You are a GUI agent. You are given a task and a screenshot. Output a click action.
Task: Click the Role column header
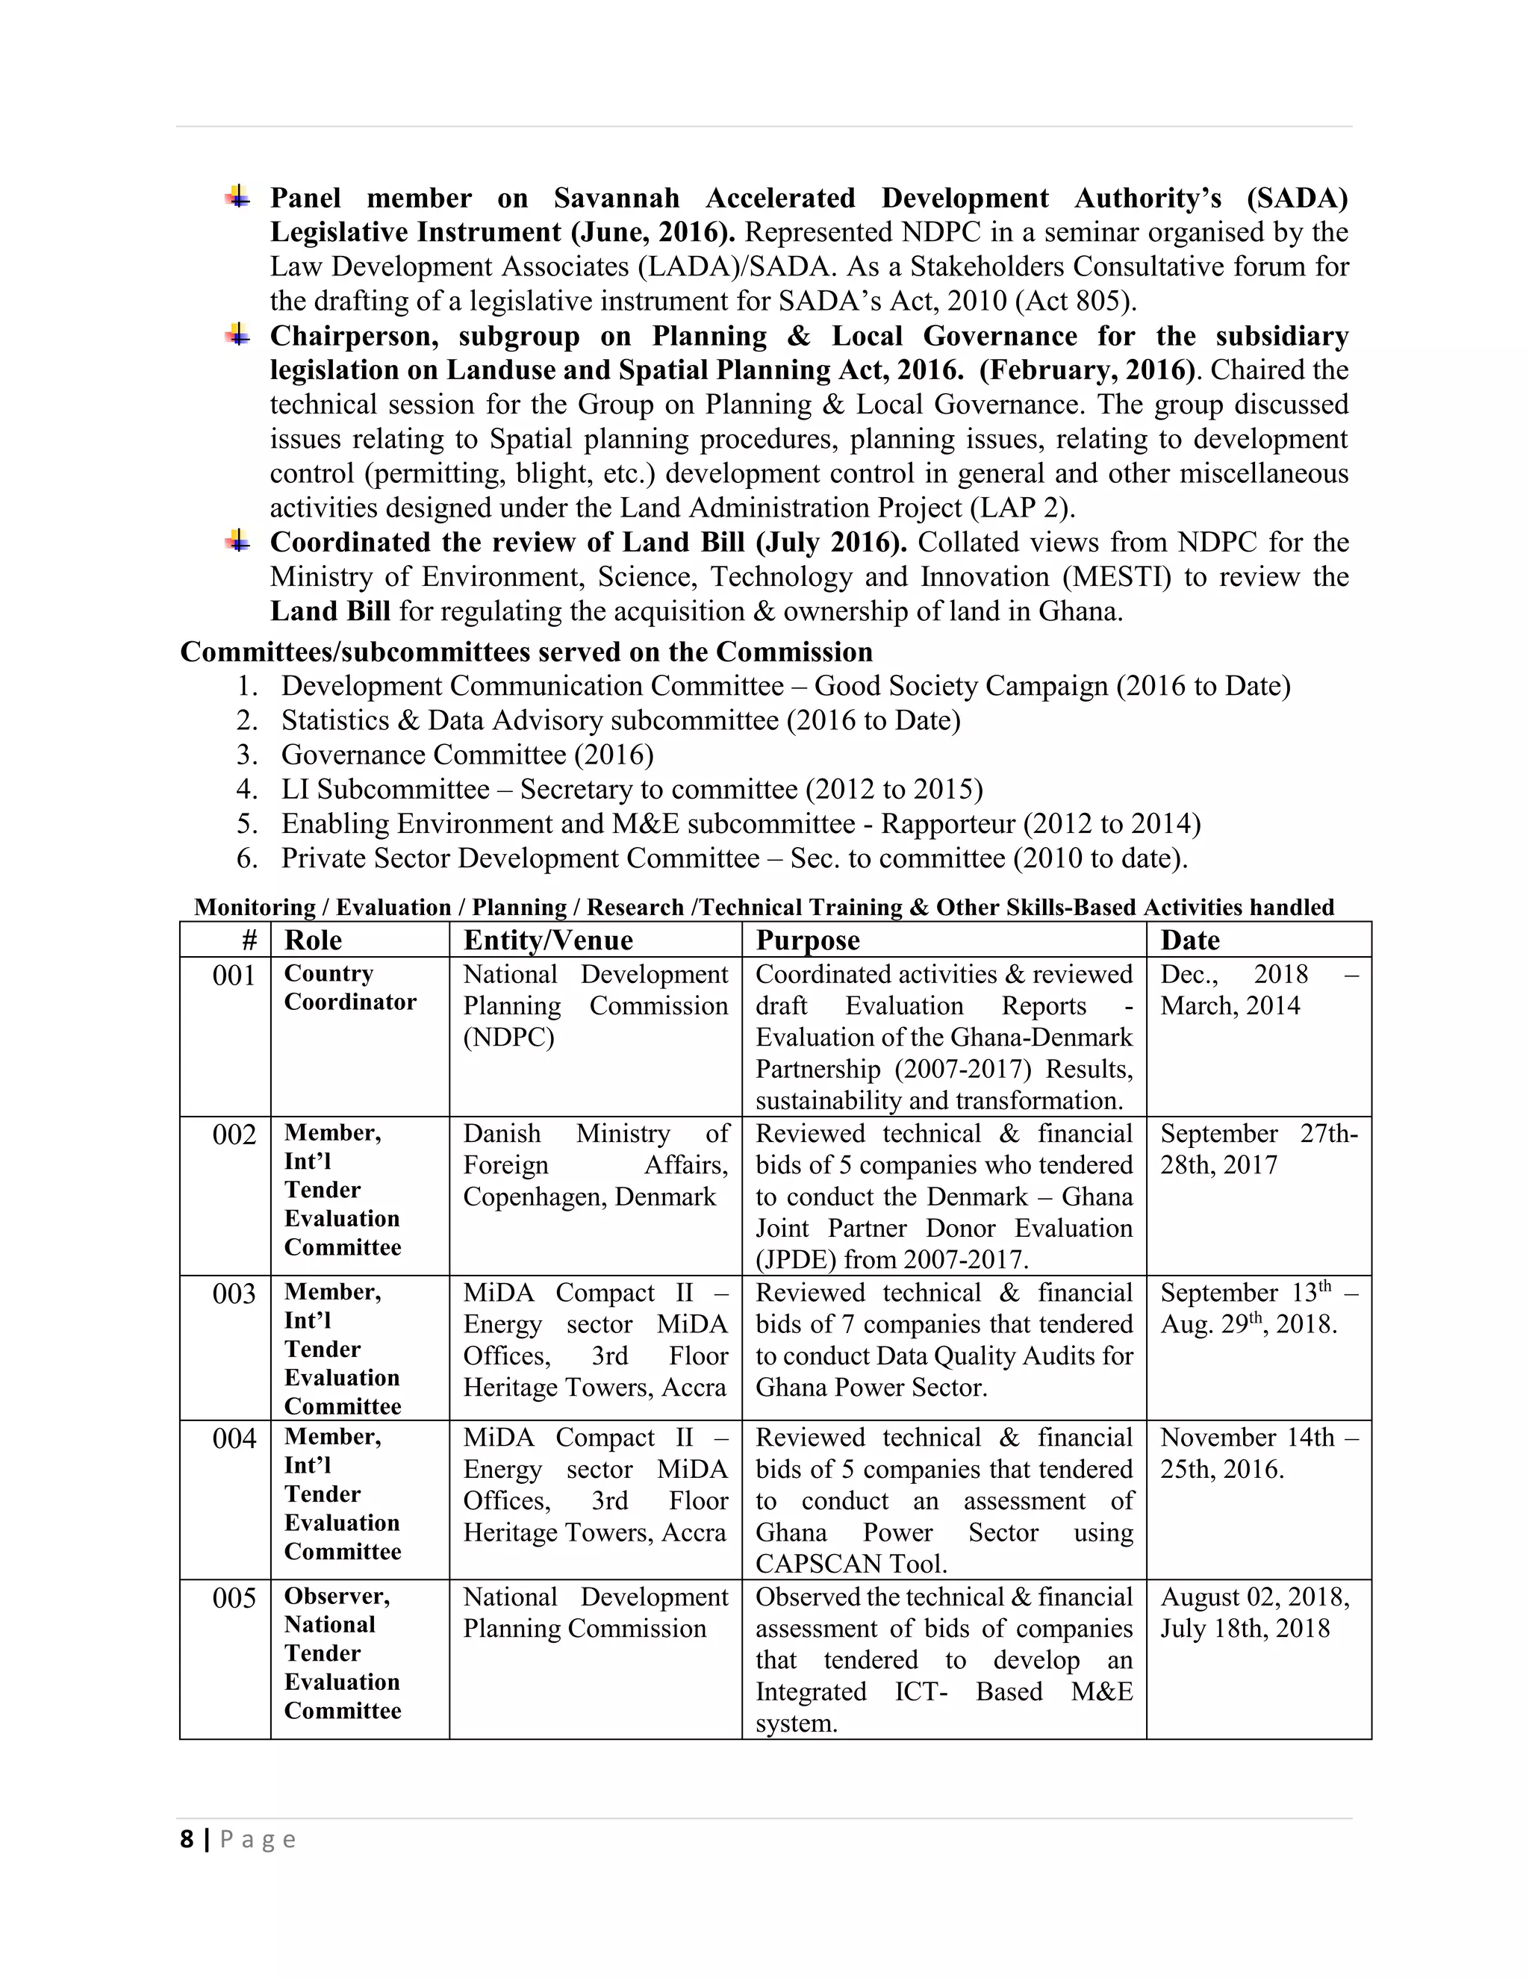pos(314,940)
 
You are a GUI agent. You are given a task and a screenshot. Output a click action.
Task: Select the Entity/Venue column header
pos(547,940)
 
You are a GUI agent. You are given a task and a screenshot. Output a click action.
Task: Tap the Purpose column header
pos(807,940)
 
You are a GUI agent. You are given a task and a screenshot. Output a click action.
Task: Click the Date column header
pos(1189,940)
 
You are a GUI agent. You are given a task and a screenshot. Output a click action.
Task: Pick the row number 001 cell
pos(234,976)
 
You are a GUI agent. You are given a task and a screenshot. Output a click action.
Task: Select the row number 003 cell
pos(234,1294)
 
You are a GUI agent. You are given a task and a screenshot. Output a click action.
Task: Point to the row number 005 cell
pos(234,1599)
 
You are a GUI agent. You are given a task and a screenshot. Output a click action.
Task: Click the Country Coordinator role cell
pos(349,988)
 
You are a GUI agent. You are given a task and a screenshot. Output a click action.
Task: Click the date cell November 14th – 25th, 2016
pos(1257,1453)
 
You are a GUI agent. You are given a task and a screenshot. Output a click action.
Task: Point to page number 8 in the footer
pos(187,1839)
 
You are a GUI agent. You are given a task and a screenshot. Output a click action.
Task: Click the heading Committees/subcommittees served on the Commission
pos(526,652)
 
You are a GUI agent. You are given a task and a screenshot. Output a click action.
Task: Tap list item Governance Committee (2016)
pos(467,755)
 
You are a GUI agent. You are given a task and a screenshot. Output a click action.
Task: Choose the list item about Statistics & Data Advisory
pos(620,720)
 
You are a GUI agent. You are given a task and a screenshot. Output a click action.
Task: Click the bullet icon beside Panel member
pos(237,196)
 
